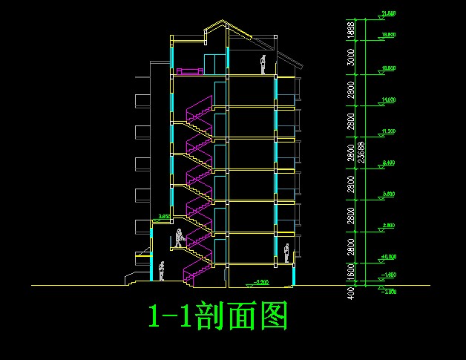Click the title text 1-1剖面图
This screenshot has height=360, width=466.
point(217,316)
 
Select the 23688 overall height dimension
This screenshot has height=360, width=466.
point(361,151)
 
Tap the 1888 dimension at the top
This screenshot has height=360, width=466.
point(350,30)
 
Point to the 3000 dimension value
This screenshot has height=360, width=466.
point(350,57)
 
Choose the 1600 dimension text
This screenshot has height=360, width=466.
point(350,275)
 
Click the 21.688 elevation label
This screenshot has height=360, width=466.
point(387,13)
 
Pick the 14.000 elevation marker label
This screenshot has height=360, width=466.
point(387,99)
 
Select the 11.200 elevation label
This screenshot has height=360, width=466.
point(387,131)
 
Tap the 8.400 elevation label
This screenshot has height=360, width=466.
point(387,162)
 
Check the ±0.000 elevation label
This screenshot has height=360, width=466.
point(387,256)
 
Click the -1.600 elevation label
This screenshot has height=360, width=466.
point(387,275)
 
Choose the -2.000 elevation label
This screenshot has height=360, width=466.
point(387,292)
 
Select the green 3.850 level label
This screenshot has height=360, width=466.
point(164,217)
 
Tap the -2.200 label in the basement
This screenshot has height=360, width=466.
point(260,282)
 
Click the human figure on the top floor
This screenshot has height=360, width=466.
point(263,65)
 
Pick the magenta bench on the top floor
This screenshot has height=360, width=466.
point(190,71)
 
